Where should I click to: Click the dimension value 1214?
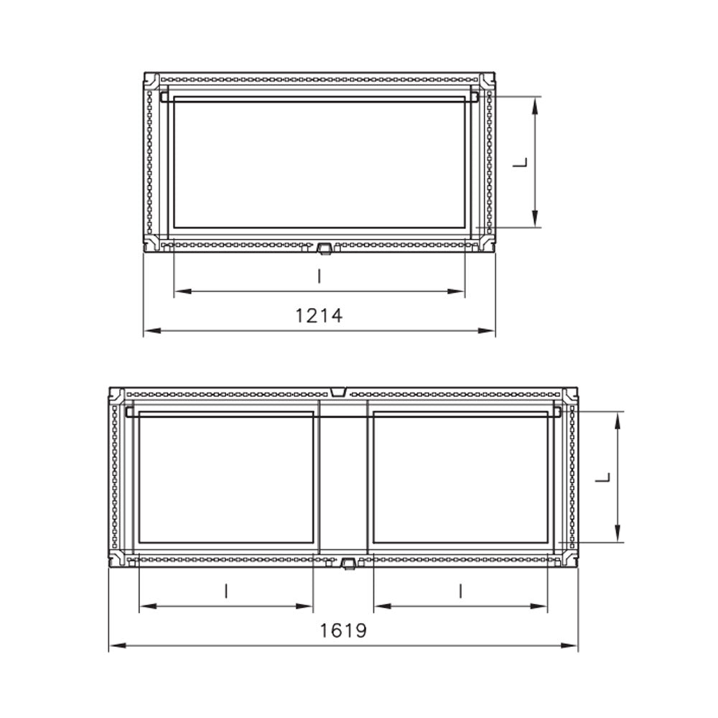pos(319,314)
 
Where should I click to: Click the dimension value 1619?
pos(343,630)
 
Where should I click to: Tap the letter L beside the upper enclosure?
pos(521,163)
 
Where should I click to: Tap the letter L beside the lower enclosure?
pos(605,477)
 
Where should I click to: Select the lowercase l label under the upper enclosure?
pos(319,276)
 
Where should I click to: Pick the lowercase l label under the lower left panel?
pos(226,591)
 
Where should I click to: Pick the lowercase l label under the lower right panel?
pos(460,591)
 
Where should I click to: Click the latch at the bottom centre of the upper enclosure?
pos(324,248)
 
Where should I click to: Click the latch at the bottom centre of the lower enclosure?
pos(348,564)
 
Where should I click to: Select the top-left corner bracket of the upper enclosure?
pos(151,80)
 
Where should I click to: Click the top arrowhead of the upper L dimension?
pos(536,106)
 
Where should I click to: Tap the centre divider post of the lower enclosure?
pos(343,477)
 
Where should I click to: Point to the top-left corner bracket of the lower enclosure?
pos(117,396)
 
